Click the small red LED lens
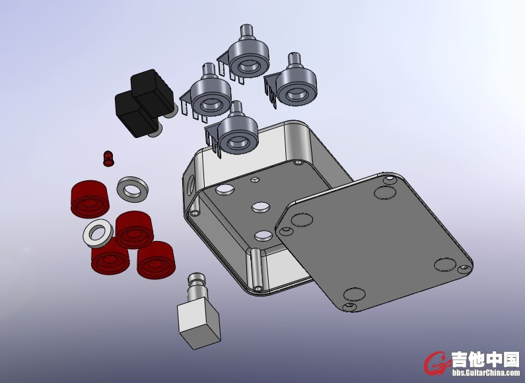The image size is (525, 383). (108, 158)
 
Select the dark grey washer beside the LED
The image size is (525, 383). (133, 189)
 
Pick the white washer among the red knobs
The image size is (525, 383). (98, 233)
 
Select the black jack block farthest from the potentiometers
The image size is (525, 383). (135, 114)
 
